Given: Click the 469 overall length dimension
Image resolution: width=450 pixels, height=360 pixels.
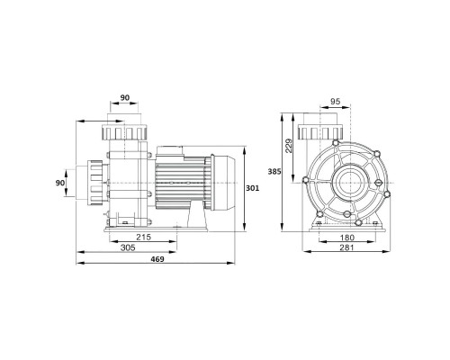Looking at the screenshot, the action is pyautogui.click(x=157, y=259).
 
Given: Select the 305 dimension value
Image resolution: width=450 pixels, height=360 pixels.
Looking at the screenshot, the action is pyautogui.click(x=128, y=247).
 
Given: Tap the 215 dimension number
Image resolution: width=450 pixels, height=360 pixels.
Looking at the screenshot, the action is pyautogui.click(x=144, y=238).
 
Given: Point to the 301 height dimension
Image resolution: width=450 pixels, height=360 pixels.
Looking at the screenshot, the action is pyautogui.click(x=253, y=188).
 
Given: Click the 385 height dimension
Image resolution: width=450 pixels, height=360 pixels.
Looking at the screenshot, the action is pyautogui.click(x=274, y=172).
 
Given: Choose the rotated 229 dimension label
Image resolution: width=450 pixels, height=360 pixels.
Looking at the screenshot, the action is pyautogui.click(x=288, y=146).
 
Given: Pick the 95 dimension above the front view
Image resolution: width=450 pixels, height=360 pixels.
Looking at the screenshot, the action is pyautogui.click(x=335, y=102).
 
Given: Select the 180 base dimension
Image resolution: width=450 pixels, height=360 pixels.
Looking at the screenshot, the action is pyautogui.click(x=347, y=238).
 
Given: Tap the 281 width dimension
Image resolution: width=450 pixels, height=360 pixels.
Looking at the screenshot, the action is pyautogui.click(x=346, y=247).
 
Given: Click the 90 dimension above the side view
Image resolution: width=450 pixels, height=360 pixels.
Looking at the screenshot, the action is pyautogui.click(x=125, y=98).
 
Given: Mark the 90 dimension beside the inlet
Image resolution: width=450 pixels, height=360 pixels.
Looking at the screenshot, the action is pyautogui.click(x=60, y=183).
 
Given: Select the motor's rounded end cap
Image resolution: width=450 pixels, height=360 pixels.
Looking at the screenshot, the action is pyautogui.click(x=222, y=183).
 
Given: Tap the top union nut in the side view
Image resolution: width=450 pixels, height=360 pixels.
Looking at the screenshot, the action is pyautogui.click(x=124, y=132).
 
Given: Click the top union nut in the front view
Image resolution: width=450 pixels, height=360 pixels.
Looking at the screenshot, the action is pyautogui.click(x=320, y=132).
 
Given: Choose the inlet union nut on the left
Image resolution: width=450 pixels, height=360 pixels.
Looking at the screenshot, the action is pyautogui.click(x=94, y=183).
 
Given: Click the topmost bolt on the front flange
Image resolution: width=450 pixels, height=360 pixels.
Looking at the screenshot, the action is pyautogui.click(x=336, y=142).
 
